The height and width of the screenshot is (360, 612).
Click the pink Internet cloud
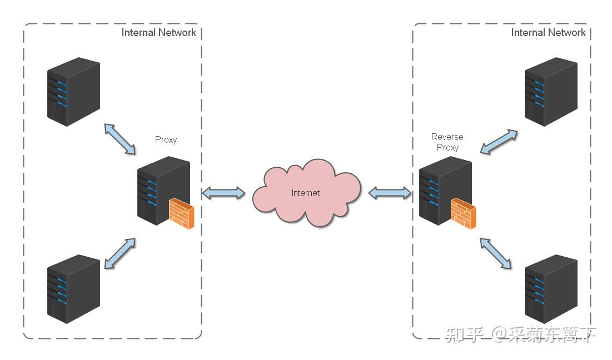306,193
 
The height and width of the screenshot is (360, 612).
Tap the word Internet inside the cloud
306,193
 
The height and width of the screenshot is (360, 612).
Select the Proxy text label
166,140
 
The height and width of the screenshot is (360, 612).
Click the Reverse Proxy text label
447,142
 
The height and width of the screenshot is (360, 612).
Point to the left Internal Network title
158,33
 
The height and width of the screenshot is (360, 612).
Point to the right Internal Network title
549,33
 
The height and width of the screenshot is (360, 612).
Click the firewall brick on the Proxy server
182,213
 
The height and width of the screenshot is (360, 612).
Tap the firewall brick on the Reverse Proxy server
463,213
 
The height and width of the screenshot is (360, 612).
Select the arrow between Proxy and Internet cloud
223,193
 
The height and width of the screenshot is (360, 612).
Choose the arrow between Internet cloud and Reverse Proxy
390,193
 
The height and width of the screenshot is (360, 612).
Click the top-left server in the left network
73,92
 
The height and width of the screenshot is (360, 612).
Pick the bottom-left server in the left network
73,289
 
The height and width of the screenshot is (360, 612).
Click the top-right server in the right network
551,92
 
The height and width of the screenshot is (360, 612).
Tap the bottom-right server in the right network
551,289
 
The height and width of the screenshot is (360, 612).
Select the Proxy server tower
163,191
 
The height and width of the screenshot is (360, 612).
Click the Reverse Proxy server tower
445,191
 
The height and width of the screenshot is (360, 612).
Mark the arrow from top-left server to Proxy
120,139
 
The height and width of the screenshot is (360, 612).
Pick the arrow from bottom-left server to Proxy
120,253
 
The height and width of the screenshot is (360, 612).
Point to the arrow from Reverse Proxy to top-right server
499,142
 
